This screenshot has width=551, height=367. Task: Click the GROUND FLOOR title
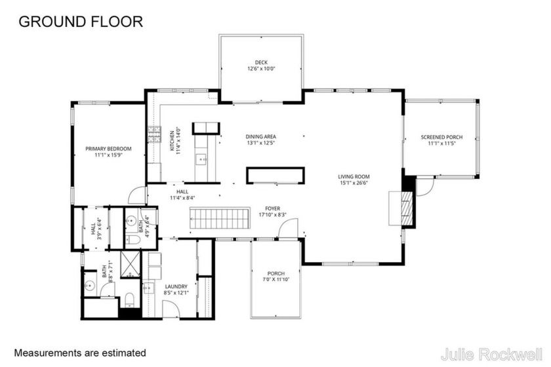click(x=80, y=21)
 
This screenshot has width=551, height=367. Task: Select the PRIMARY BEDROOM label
click(x=109, y=149)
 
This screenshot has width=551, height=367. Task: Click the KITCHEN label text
click(x=173, y=141)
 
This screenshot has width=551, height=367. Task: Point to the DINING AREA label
click(x=260, y=136)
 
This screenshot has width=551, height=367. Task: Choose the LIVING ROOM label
click(x=354, y=176)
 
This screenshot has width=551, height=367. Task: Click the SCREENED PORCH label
click(x=441, y=137)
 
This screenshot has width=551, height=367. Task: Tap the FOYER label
click(x=273, y=208)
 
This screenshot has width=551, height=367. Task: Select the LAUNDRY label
click(x=176, y=286)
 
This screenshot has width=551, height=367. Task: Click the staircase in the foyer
click(x=220, y=218)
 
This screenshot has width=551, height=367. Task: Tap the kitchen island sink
click(x=201, y=157)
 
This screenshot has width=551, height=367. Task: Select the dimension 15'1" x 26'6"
click(x=354, y=183)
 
